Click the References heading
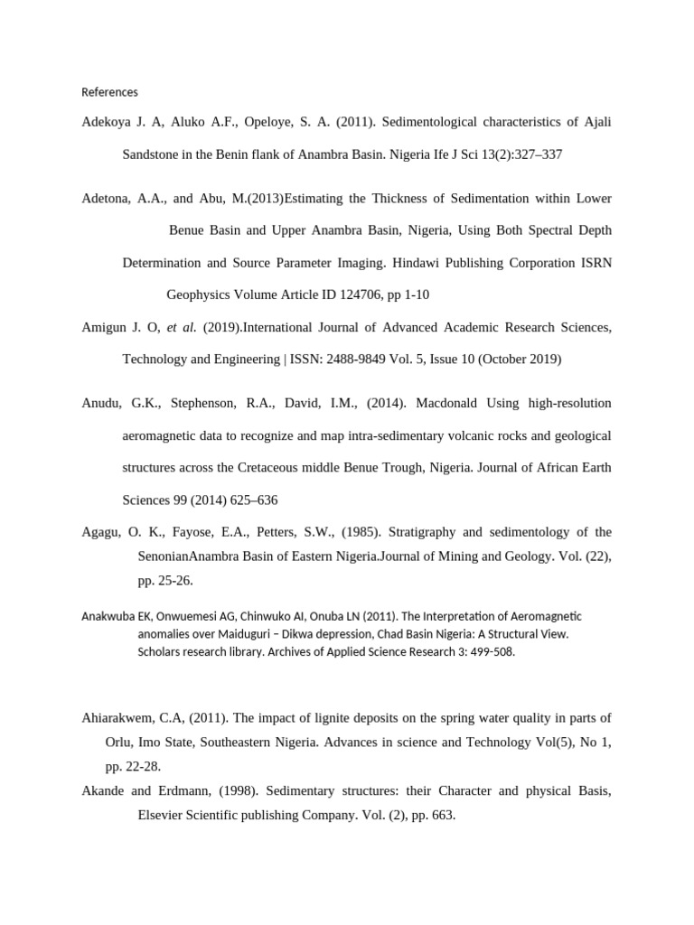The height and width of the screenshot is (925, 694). coord(109,92)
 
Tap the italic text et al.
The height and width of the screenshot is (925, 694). coord(181,327)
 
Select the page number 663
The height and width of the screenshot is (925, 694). coord(441,815)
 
